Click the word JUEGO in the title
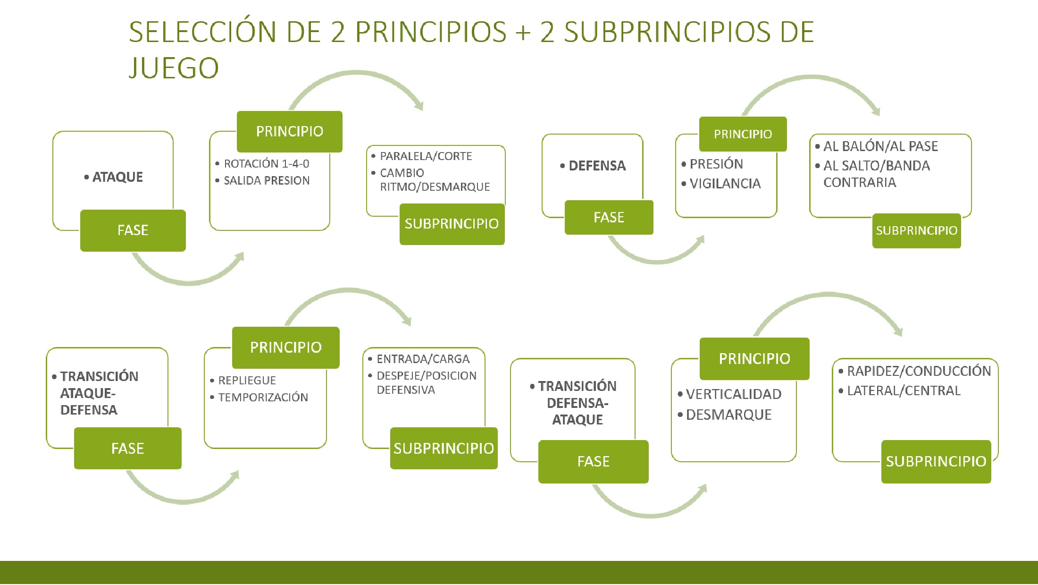click(x=174, y=68)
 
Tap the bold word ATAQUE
click(x=117, y=177)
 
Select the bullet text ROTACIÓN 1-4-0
click(x=267, y=164)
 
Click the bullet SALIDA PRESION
click(x=267, y=180)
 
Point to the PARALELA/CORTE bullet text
click(x=426, y=156)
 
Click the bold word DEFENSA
click(x=597, y=166)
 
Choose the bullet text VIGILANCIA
click(x=725, y=184)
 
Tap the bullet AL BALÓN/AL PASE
click(x=880, y=146)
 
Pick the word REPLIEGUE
click(x=247, y=381)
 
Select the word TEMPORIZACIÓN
click(x=263, y=398)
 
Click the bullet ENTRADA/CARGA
click(x=423, y=359)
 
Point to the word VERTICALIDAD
click(x=734, y=394)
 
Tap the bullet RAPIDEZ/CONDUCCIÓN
click(x=919, y=371)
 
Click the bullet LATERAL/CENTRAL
click(x=904, y=391)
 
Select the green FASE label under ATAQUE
click(x=133, y=230)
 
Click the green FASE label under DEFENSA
click(x=609, y=217)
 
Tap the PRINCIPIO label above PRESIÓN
click(x=743, y=134)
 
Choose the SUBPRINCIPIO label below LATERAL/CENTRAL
click(x=936, y=461)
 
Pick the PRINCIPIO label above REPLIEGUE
click(x=286, y=348)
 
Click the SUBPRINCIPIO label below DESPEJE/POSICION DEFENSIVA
click(x=444, y=448)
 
